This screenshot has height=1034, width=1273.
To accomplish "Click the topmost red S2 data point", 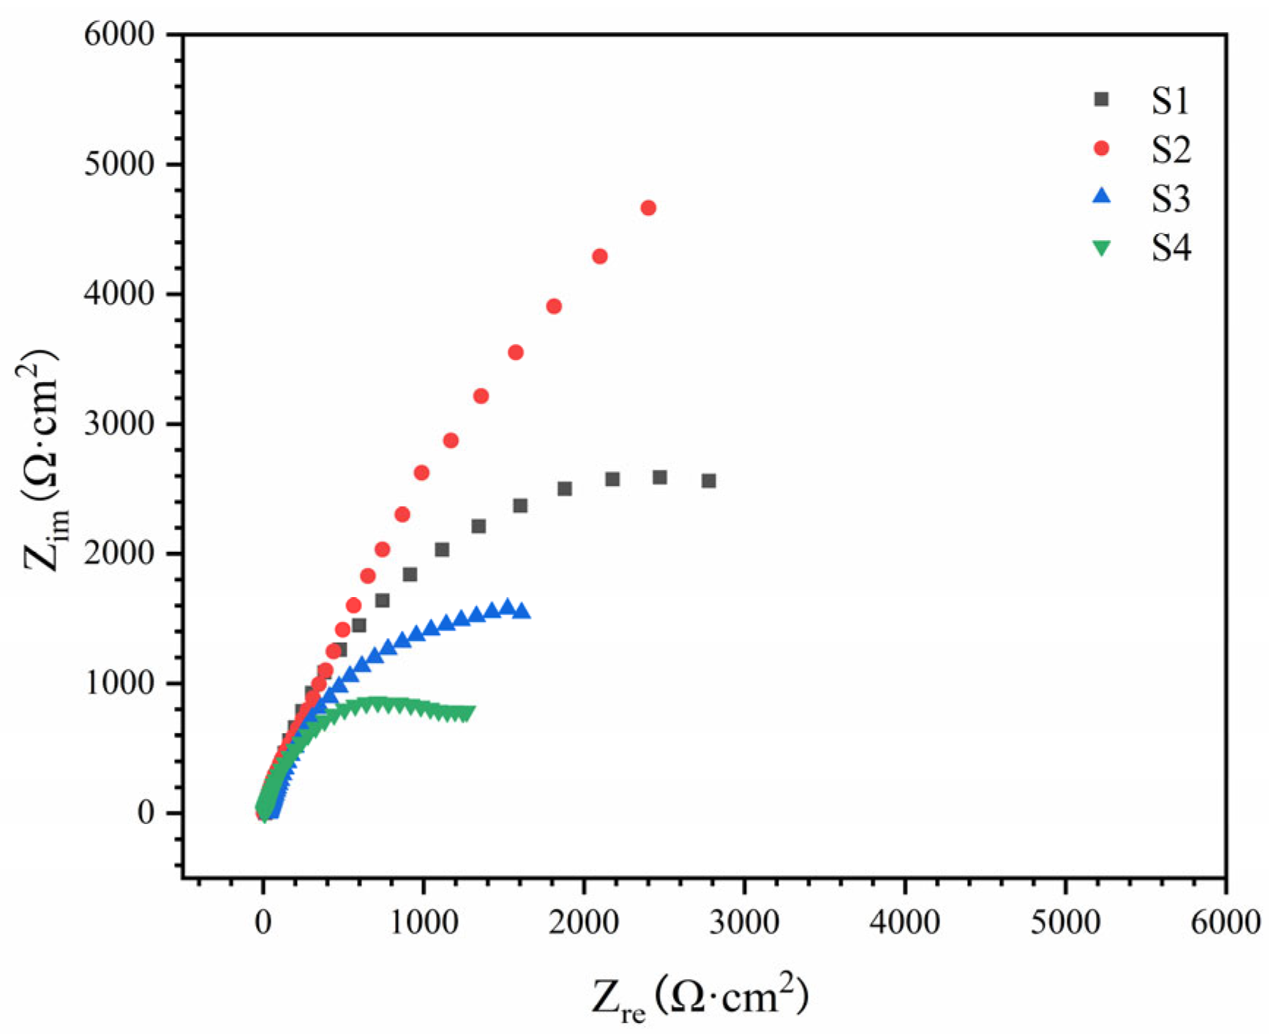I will pos(647,208).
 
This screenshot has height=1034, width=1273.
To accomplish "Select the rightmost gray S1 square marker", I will pos(708,481).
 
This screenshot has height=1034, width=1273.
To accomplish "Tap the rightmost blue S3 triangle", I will pos(522,611).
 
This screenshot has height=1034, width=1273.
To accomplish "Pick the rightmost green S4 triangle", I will pos(468,712).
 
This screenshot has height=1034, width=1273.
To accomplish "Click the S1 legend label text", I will pos(1170,100).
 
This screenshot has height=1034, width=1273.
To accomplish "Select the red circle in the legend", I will pos(1100,149).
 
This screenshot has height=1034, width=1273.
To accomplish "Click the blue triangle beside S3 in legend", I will pos(1100,196).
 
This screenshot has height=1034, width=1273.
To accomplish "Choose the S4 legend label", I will pos(1170,248).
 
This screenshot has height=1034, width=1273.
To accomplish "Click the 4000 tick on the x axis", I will pos(904,922).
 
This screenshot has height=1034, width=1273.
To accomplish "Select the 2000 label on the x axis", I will pos(584,922).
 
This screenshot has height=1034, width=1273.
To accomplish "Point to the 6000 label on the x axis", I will pos(1225,922).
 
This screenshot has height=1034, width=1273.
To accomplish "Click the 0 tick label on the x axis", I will pos(263,922).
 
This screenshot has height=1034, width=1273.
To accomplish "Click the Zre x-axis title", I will pos(700,997).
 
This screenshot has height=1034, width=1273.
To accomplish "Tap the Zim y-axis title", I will pos(42,461).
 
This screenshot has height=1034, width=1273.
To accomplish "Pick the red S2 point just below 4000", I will pos(554,306).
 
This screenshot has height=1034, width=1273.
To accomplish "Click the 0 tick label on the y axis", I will pos(146,814).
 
